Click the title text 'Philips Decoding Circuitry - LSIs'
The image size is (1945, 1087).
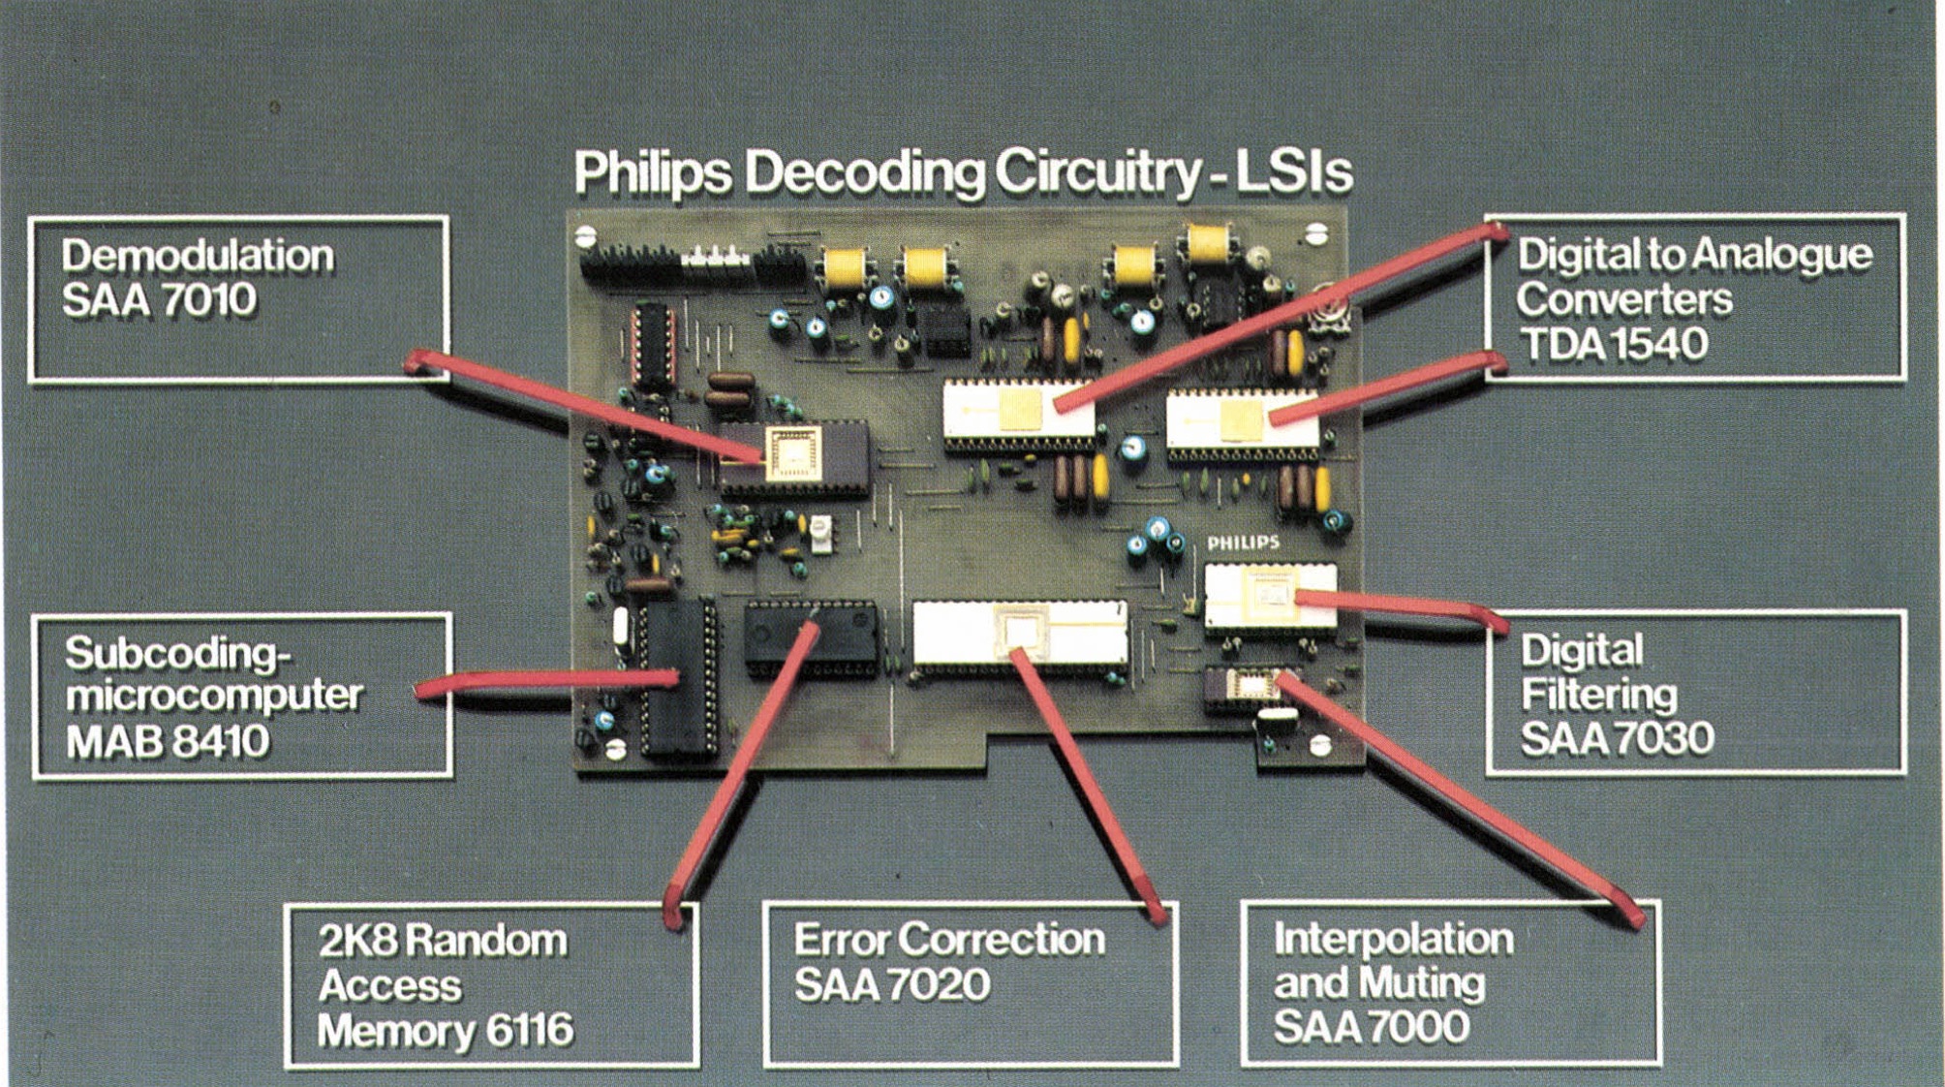pos(963,172)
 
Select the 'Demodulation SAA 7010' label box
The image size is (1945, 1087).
pos(238,298)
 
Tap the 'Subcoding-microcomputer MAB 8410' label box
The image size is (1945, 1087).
pos(242,696)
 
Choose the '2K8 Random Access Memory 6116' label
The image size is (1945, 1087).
pos(491,985)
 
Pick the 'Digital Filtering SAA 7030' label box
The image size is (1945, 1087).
pos(1696,693)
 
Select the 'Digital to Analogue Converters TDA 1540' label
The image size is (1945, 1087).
pos(1695,298)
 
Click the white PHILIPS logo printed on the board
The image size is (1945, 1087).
pos(1243,543)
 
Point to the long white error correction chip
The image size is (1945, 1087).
pos(1020,634)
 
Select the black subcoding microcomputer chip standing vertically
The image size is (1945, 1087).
pos(678,678)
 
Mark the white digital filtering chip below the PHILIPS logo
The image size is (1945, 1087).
pos(1270,595)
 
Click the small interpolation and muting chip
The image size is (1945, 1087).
pos(1250,685)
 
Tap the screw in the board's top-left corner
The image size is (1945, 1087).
pos(585,235)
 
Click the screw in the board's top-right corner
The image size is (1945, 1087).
pos(1314,233)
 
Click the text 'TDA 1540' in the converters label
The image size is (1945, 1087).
pos(1612,344)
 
